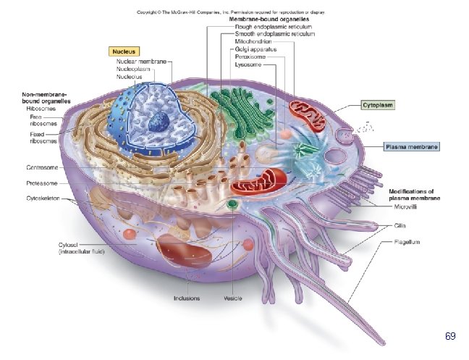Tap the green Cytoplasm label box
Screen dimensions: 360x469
point(378,105)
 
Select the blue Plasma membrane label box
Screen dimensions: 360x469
point(410,146)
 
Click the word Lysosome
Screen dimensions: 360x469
point(248,64)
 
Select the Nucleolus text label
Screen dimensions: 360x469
point(130,76)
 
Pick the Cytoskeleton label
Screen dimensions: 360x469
point(43,197)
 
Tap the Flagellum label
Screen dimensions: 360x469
point(407,241)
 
